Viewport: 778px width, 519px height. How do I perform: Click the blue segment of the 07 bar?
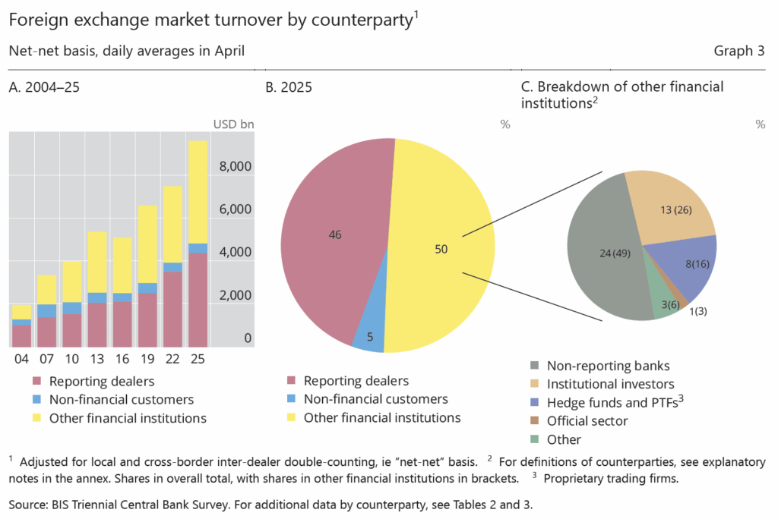point(47,310)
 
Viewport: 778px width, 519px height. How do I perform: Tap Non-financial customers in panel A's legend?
point(122,399)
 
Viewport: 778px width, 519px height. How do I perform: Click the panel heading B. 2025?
point(289,87)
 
